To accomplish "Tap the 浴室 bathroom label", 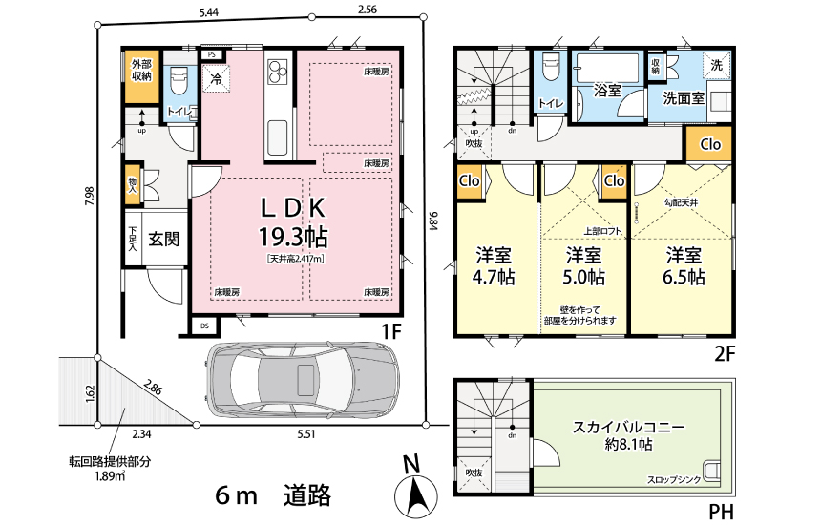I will coord(607,92).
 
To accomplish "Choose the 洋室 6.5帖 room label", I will coord(684,266).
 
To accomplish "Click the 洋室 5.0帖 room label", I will coord(584,266).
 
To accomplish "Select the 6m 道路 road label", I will coord(273,494).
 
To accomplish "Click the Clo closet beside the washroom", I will coord(710,145).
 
